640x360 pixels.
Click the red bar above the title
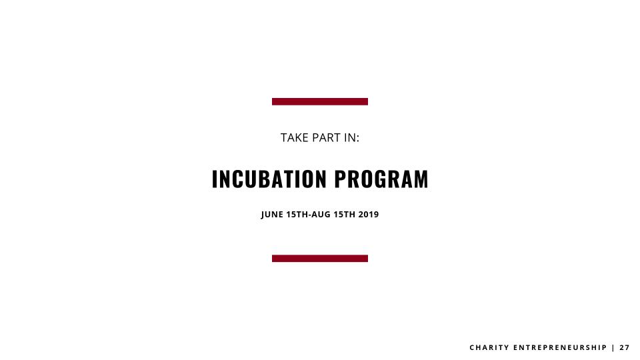coord(320,101)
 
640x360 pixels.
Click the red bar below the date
coord(320,259)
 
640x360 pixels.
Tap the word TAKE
coord(294,138)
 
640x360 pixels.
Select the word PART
coord(326,138)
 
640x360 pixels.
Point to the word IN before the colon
coord(350,138)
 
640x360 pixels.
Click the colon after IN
coord(358,139)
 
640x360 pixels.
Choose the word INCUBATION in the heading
coord(269,179)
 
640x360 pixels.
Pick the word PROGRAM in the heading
coord(381,179)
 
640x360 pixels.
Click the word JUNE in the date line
coord(272,215)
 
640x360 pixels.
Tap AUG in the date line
coord(321,215)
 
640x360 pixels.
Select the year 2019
coord(369,215)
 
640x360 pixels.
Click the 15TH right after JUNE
coord(297,215)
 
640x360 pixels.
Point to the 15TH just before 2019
coord(345,215)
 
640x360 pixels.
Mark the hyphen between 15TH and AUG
coord(310,215)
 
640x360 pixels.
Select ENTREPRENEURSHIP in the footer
coord(560,348)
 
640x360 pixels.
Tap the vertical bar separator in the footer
coord(613,348)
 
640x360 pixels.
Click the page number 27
coord(625,348)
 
